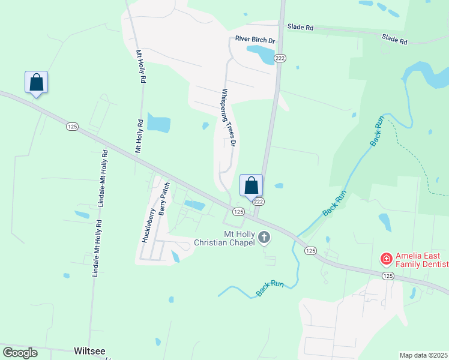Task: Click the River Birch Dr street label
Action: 255,40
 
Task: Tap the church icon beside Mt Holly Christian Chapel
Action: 264,239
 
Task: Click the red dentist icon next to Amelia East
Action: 387,260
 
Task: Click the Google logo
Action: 20,353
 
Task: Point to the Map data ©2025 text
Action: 423,355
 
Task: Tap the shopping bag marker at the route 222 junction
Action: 252,185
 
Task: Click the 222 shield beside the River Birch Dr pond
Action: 280,58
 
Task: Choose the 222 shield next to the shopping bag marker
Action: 258,203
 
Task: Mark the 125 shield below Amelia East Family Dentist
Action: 388,275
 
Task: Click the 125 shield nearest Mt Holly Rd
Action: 72,126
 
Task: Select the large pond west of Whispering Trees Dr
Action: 159,122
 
